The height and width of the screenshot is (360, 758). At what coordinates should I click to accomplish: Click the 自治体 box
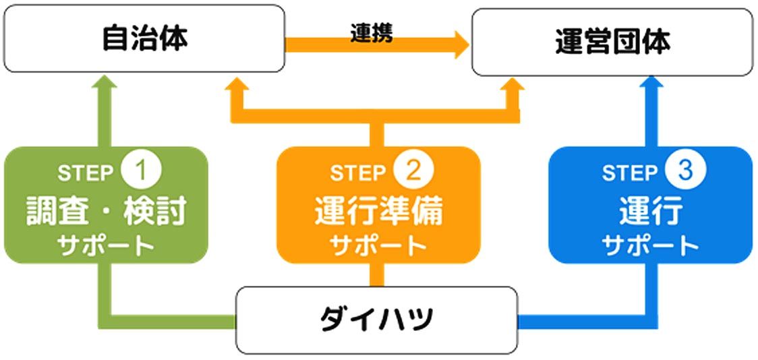144,38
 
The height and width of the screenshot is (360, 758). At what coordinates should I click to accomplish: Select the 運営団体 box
612,42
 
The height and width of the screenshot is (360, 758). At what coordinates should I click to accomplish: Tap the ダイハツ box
376,320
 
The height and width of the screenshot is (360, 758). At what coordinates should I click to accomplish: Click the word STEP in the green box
85,173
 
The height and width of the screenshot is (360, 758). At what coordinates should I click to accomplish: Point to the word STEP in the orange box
357,173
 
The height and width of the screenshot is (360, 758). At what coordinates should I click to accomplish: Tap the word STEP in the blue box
629,173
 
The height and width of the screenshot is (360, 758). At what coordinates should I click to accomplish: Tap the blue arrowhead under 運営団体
650,85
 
